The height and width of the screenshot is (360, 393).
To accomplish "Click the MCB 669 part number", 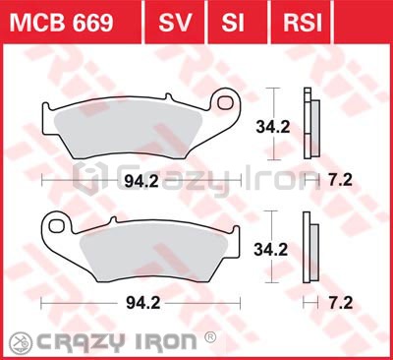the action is pyautogui.click(x=61, y=23).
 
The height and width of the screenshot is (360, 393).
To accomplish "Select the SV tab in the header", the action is pyautogui.click(x=175, y=23).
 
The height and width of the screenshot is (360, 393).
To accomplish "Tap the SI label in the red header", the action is pyautogui.click(x=233, y=23).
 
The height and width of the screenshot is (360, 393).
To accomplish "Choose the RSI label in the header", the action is pyautogui.click(x=303, y=23).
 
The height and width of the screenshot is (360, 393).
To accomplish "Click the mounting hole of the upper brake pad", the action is pyautogui.click(x=226, y=102).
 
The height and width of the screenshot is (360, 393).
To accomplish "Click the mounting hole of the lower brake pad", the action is pyautogui.click(x=56, y=225).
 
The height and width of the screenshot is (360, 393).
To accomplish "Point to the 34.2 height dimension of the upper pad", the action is pyautogui.click(x=273, y=127).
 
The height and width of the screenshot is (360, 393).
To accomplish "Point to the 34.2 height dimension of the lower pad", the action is pyautogui.click(x=271, y=250).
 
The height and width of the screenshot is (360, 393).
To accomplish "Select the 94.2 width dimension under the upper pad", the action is pyautogui.click(x=141, y=181).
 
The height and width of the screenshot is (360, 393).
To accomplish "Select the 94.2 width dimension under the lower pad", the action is pyautogui.click(x=143, y=303).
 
